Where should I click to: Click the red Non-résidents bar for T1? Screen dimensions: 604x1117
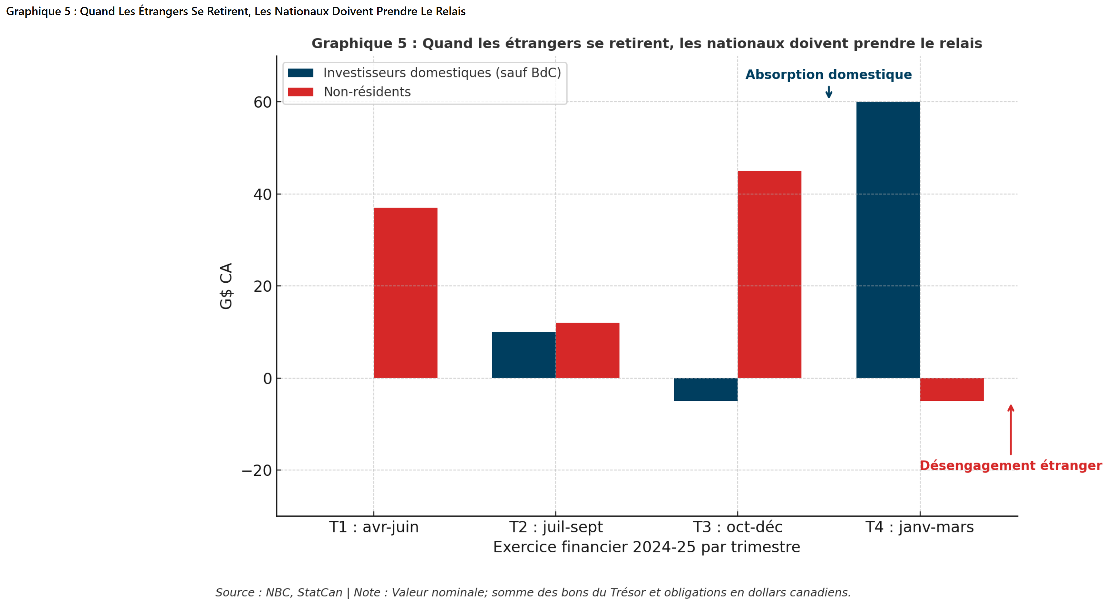[x=405, y=293]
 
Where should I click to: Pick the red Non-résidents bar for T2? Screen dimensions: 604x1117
[x=587, y=350]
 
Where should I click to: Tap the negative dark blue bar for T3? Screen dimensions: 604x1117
[x=705, y=389]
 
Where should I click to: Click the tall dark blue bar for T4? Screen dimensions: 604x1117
[x=888, y=240]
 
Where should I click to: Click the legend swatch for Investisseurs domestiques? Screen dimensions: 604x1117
[x=300, y=73]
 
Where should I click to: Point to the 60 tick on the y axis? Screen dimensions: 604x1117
[x=262, y=102]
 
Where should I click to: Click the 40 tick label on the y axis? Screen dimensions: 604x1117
[x=262, y=195]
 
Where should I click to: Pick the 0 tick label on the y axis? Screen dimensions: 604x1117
[x=267, y=379]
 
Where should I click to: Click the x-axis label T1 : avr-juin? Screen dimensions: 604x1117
[x=374, y=527]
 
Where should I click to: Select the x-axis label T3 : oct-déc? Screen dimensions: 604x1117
[x=737, y=527]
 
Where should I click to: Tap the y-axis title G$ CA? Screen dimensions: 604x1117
[x=226, y=286]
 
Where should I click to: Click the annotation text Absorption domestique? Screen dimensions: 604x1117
[x=828, y=75]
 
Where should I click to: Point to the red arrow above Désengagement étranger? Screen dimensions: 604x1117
[x=1010, y=429]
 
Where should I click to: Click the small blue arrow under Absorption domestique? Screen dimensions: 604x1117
[x=829, y=92]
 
